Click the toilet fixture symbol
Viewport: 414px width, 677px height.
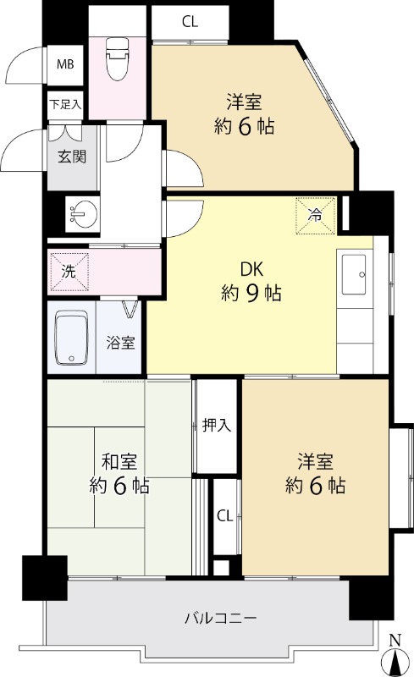[x=118, y=59]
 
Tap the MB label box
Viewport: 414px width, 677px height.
[x=65, y=65]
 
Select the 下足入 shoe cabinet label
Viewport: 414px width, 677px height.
[x=65, y=104]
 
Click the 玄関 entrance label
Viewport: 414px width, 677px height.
[x=72, y=157]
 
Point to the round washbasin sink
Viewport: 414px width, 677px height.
[x=83, y=213]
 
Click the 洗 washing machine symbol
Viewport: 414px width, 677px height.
[x=69, y=271]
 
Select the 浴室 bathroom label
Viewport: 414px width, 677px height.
[x=120, y=343]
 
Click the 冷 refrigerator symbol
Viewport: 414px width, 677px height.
[x=316, y=215]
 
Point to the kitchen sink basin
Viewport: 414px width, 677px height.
[x=354, y=274]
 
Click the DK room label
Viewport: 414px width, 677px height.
[x=251, y=269]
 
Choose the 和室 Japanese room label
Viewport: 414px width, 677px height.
[x=119, y=461]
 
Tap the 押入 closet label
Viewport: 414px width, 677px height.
[x=217, y=426]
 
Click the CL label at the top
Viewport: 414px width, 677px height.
[x=190, y=22]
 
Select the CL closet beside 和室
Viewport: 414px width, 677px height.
[x=224, y=515]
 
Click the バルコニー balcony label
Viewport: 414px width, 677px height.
[x=221, y=618]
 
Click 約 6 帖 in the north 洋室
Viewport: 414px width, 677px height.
[x=244, y=126]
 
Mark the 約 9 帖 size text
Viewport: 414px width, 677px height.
[x=251, y=294]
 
